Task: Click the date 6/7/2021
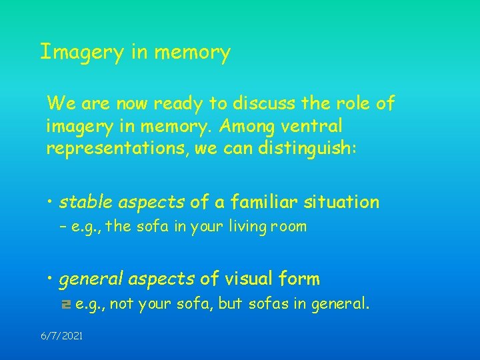61,337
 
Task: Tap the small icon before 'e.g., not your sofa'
65,305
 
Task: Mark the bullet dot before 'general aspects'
51,279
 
